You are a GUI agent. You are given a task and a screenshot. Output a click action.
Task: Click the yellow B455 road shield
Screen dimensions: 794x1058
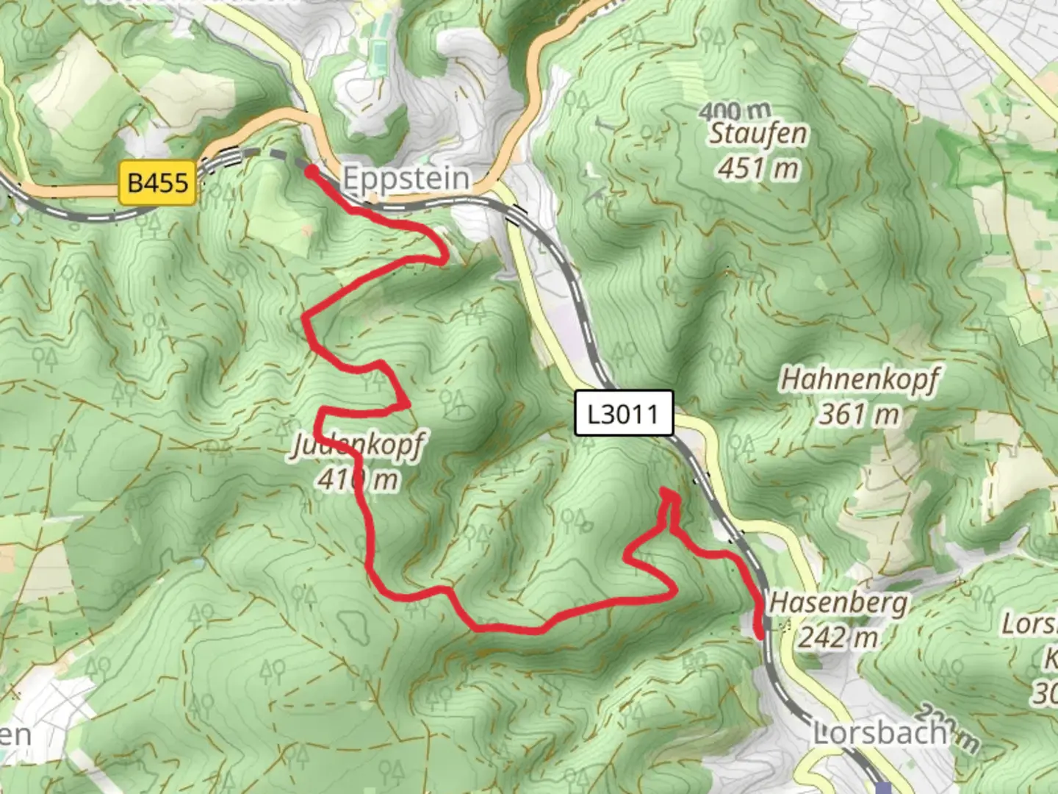158,181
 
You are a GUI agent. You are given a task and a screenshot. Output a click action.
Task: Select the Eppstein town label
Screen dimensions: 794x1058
406,179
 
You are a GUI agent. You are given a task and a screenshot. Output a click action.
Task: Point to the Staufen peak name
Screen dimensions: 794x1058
757,134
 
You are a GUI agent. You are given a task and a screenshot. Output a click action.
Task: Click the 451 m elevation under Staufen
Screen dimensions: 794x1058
757,168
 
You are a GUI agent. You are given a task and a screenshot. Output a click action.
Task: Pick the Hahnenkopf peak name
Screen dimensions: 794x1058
859,379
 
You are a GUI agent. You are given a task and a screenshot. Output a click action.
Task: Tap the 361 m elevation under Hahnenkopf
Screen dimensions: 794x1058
859,415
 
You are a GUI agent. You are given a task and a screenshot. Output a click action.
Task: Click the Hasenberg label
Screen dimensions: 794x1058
838,603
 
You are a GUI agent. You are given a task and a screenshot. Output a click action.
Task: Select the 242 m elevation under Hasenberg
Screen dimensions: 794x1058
838,637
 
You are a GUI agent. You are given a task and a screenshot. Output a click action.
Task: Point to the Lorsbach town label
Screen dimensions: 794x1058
879,733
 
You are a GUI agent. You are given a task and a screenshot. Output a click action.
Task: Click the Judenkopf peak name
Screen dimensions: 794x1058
358,445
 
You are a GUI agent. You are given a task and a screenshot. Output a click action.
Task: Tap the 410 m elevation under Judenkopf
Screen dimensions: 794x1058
358,479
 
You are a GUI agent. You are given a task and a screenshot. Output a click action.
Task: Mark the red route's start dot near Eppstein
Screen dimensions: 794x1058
311,172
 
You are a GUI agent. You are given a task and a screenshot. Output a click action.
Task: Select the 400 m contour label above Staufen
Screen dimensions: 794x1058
735,112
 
